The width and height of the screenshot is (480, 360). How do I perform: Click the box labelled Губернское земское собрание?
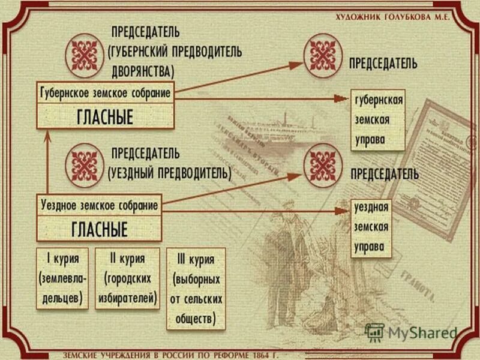(105, 94)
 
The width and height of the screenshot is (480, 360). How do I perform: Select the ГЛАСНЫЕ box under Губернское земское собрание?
(105, 116)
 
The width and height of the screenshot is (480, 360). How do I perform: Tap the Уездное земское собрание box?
(100, 205)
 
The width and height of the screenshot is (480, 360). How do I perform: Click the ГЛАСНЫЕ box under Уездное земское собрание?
(100, 229)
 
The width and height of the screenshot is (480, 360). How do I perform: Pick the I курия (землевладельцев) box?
(62, 278)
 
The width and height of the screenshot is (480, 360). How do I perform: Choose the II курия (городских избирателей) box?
(127, 278)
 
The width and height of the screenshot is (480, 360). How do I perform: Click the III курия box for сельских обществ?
(197, 288)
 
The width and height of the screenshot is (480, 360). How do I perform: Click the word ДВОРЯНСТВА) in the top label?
(142, 70)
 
